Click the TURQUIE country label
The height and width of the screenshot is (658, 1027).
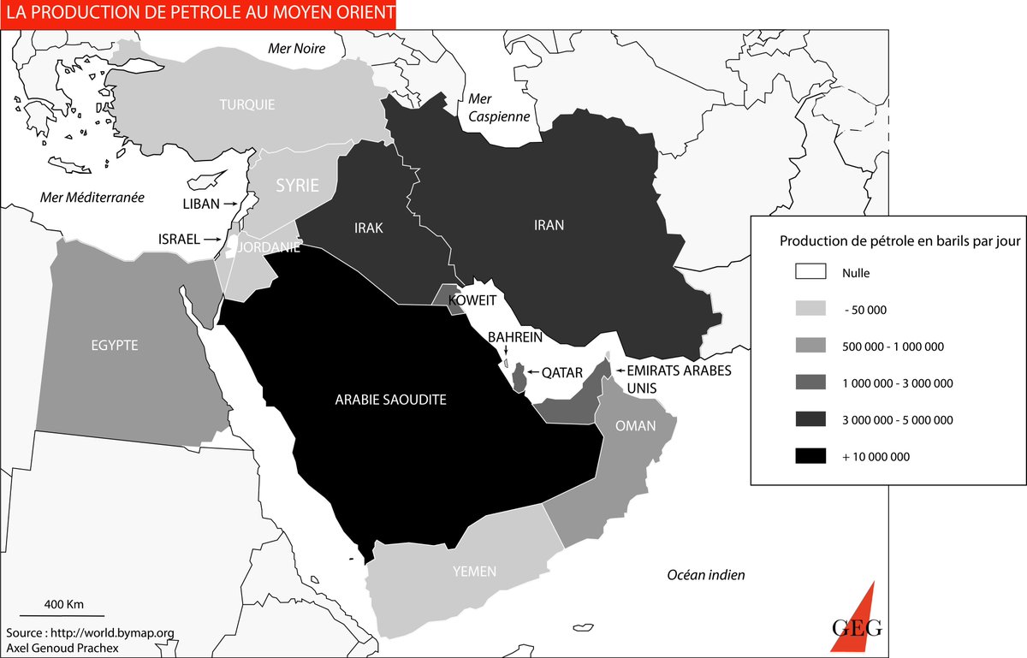click(246, 104)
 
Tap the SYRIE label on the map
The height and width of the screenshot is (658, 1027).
click(296, 186)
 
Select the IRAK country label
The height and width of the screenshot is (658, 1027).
click(368, 228)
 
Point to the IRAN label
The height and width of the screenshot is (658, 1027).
click(549, 225)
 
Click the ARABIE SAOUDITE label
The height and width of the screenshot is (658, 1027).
click(390, 400)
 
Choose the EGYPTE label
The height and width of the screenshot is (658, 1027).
click(114, 346)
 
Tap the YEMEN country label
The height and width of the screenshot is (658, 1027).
click(475, 572)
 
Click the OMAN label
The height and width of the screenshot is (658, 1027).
click(635, 425)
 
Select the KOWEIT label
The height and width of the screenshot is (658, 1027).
click(472, 301)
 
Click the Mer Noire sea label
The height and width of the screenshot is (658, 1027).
click(297, 49)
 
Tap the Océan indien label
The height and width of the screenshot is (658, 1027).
click(706, 575)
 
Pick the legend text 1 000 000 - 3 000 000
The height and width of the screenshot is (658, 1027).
click(897, 383)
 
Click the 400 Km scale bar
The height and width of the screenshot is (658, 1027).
click(62, 614)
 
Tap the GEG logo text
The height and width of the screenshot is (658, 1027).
click(856, 627)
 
